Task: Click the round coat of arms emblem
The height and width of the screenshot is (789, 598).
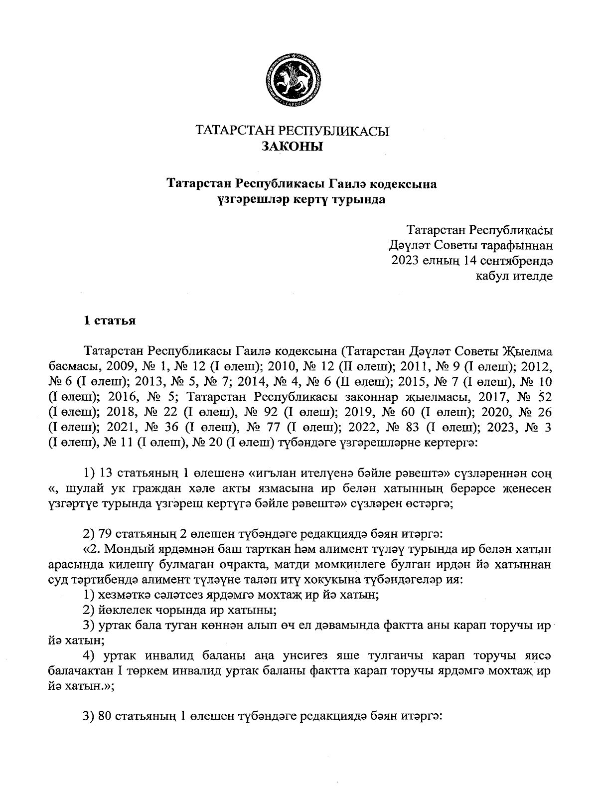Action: pos(293,82)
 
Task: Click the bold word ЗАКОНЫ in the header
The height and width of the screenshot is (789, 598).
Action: pos(293,146)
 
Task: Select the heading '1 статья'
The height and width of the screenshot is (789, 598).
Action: pos(109,320)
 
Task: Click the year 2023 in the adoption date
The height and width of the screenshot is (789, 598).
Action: pos(406,260)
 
